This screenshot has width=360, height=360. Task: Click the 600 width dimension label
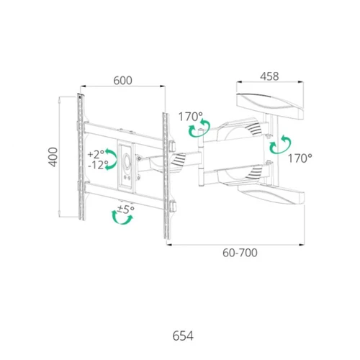(x=122, y=81)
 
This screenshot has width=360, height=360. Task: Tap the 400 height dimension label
(x=53, y=157)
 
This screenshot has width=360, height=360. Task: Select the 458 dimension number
(x=269, y=76)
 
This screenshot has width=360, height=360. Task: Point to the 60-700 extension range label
(x=240, y=253)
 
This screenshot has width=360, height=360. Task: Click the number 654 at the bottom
(x=183, y=336)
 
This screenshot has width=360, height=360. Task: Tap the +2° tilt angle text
(x=96, y=154)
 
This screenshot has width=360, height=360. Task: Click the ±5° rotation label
(x=125, y=210)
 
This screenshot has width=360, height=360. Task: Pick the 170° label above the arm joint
(x=191, y=117)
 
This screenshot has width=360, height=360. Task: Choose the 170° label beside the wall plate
(x=300, y=158)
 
